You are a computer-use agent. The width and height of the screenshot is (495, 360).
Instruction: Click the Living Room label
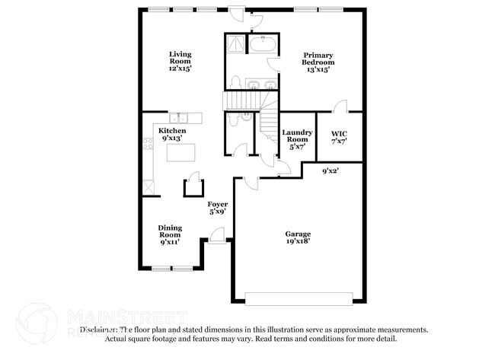[x=180, y=61]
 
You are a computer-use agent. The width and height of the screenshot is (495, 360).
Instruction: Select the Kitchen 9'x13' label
[x=172, y=135]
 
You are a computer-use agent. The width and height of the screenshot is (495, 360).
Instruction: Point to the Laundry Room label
[x=297, y=139]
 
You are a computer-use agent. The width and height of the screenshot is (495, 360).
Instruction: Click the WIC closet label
[x=339, y=138]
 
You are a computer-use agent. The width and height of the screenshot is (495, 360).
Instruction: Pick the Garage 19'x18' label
[x=298, y=237]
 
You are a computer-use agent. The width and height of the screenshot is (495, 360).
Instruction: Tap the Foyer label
[x=219, y=208]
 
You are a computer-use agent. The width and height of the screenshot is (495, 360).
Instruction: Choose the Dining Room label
[x=169, y=234]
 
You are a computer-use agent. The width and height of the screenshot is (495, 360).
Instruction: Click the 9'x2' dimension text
[x=330, y=171]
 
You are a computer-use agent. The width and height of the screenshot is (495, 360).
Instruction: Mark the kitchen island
[x=180, y=154]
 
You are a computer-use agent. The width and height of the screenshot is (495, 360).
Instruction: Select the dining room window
[x=172, y=269]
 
